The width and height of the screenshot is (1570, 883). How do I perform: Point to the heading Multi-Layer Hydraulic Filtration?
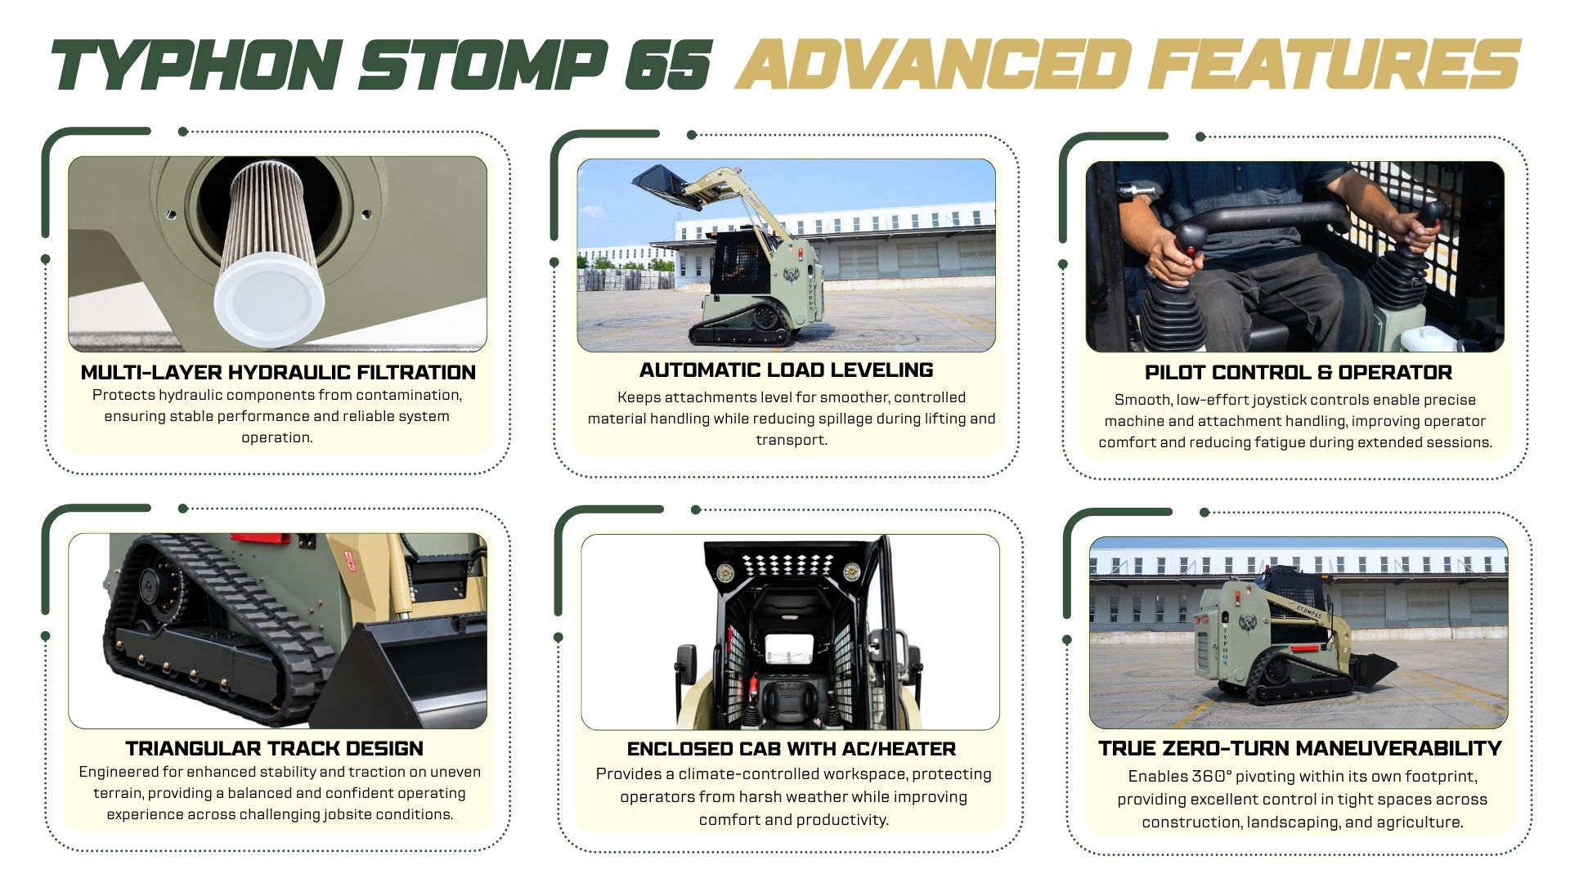[278, 372]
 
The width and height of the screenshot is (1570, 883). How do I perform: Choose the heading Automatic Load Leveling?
[786, 370]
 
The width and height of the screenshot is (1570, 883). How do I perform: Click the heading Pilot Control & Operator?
[1298, 372]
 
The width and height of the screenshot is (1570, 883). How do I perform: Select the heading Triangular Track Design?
[274, 748]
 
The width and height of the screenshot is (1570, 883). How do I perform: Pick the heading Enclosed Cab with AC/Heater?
[791, 748]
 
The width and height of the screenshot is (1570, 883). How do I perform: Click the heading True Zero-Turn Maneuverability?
[1299, 748]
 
